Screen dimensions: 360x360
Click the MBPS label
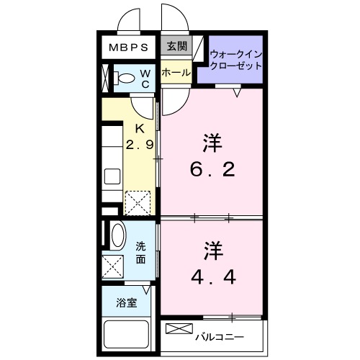[129, 48]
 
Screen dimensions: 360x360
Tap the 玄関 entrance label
[175, 47]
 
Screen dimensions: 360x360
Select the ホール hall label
[175, 73]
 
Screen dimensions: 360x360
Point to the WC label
[144, 78]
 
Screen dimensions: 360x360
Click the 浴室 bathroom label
[126, 303]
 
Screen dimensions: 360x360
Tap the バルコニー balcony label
[219, 336]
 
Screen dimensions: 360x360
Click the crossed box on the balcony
[176, 329]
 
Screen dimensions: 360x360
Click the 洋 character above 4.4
[211, 250]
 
